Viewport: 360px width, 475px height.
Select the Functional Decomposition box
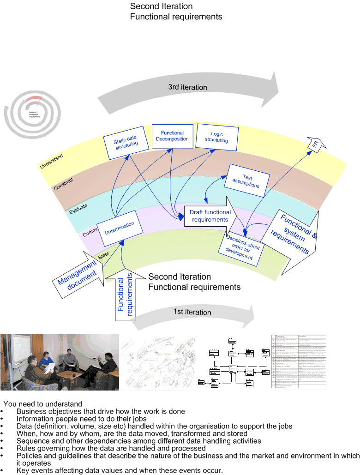pos(172,136)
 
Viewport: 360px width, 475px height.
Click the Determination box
pos(119,228)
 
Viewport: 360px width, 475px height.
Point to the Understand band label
pos(51,161)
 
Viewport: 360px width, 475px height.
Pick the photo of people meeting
pos(60,362)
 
